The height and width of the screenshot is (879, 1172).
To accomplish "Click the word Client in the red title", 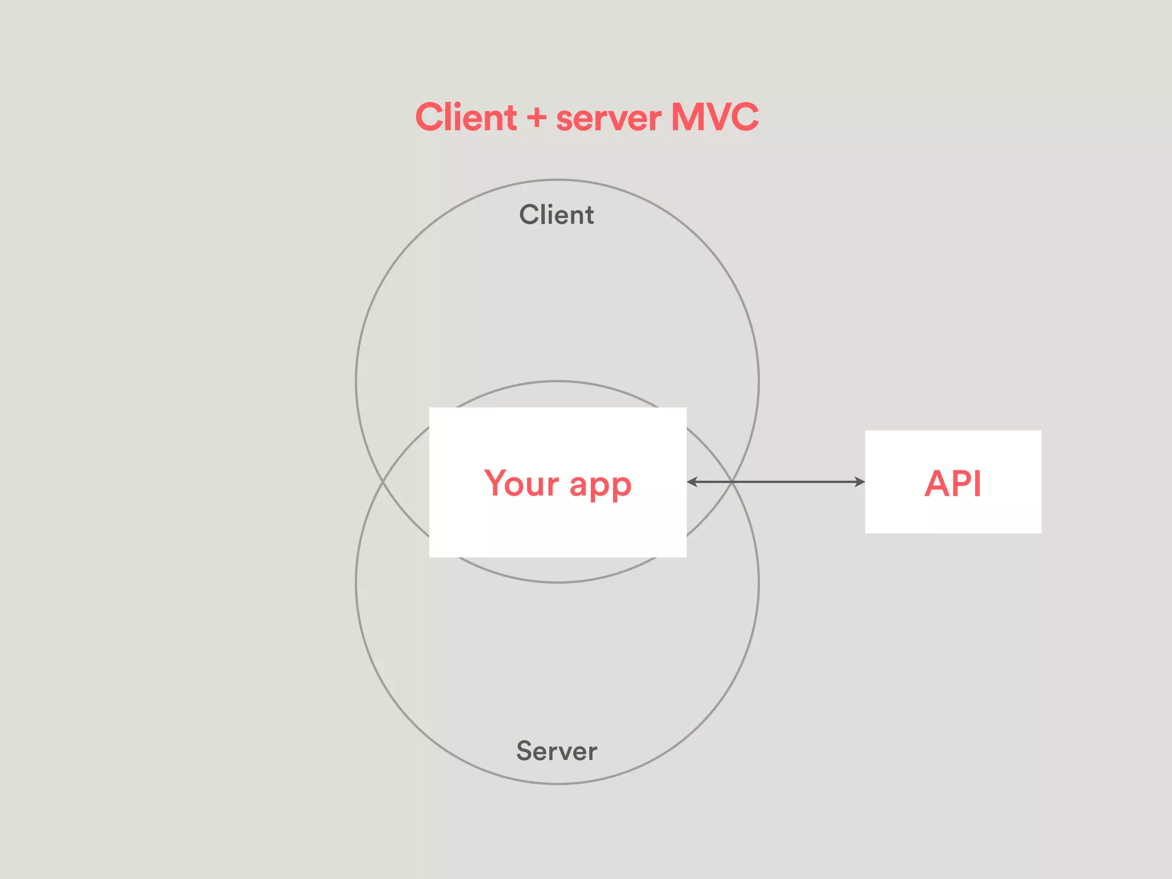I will click(466, 117).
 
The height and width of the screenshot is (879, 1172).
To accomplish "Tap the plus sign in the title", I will click(537, 118).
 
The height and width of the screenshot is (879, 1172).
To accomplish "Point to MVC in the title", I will click(715, 117).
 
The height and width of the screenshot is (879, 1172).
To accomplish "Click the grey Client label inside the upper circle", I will click(556, 215).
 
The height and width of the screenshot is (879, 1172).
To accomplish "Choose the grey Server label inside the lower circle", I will click(556, 751).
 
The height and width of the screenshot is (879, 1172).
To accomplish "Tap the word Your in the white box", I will click(521, 483).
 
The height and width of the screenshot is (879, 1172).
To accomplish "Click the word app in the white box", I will click(600, 485).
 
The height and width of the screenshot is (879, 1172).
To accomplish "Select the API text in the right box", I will click(953, 484).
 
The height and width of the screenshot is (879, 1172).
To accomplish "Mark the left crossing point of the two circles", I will click(383, 482).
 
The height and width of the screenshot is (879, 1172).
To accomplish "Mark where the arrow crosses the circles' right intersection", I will click(732, 482).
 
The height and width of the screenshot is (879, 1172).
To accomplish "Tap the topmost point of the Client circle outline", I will click(557, 180).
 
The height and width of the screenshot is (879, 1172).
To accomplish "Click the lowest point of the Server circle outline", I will click(557, 783).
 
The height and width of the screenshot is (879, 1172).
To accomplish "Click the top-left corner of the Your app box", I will click(430, 408).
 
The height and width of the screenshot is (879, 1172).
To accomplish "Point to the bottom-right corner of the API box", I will click(1040, 532).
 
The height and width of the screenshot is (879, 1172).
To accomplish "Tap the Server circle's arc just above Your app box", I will click(557, 381).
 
